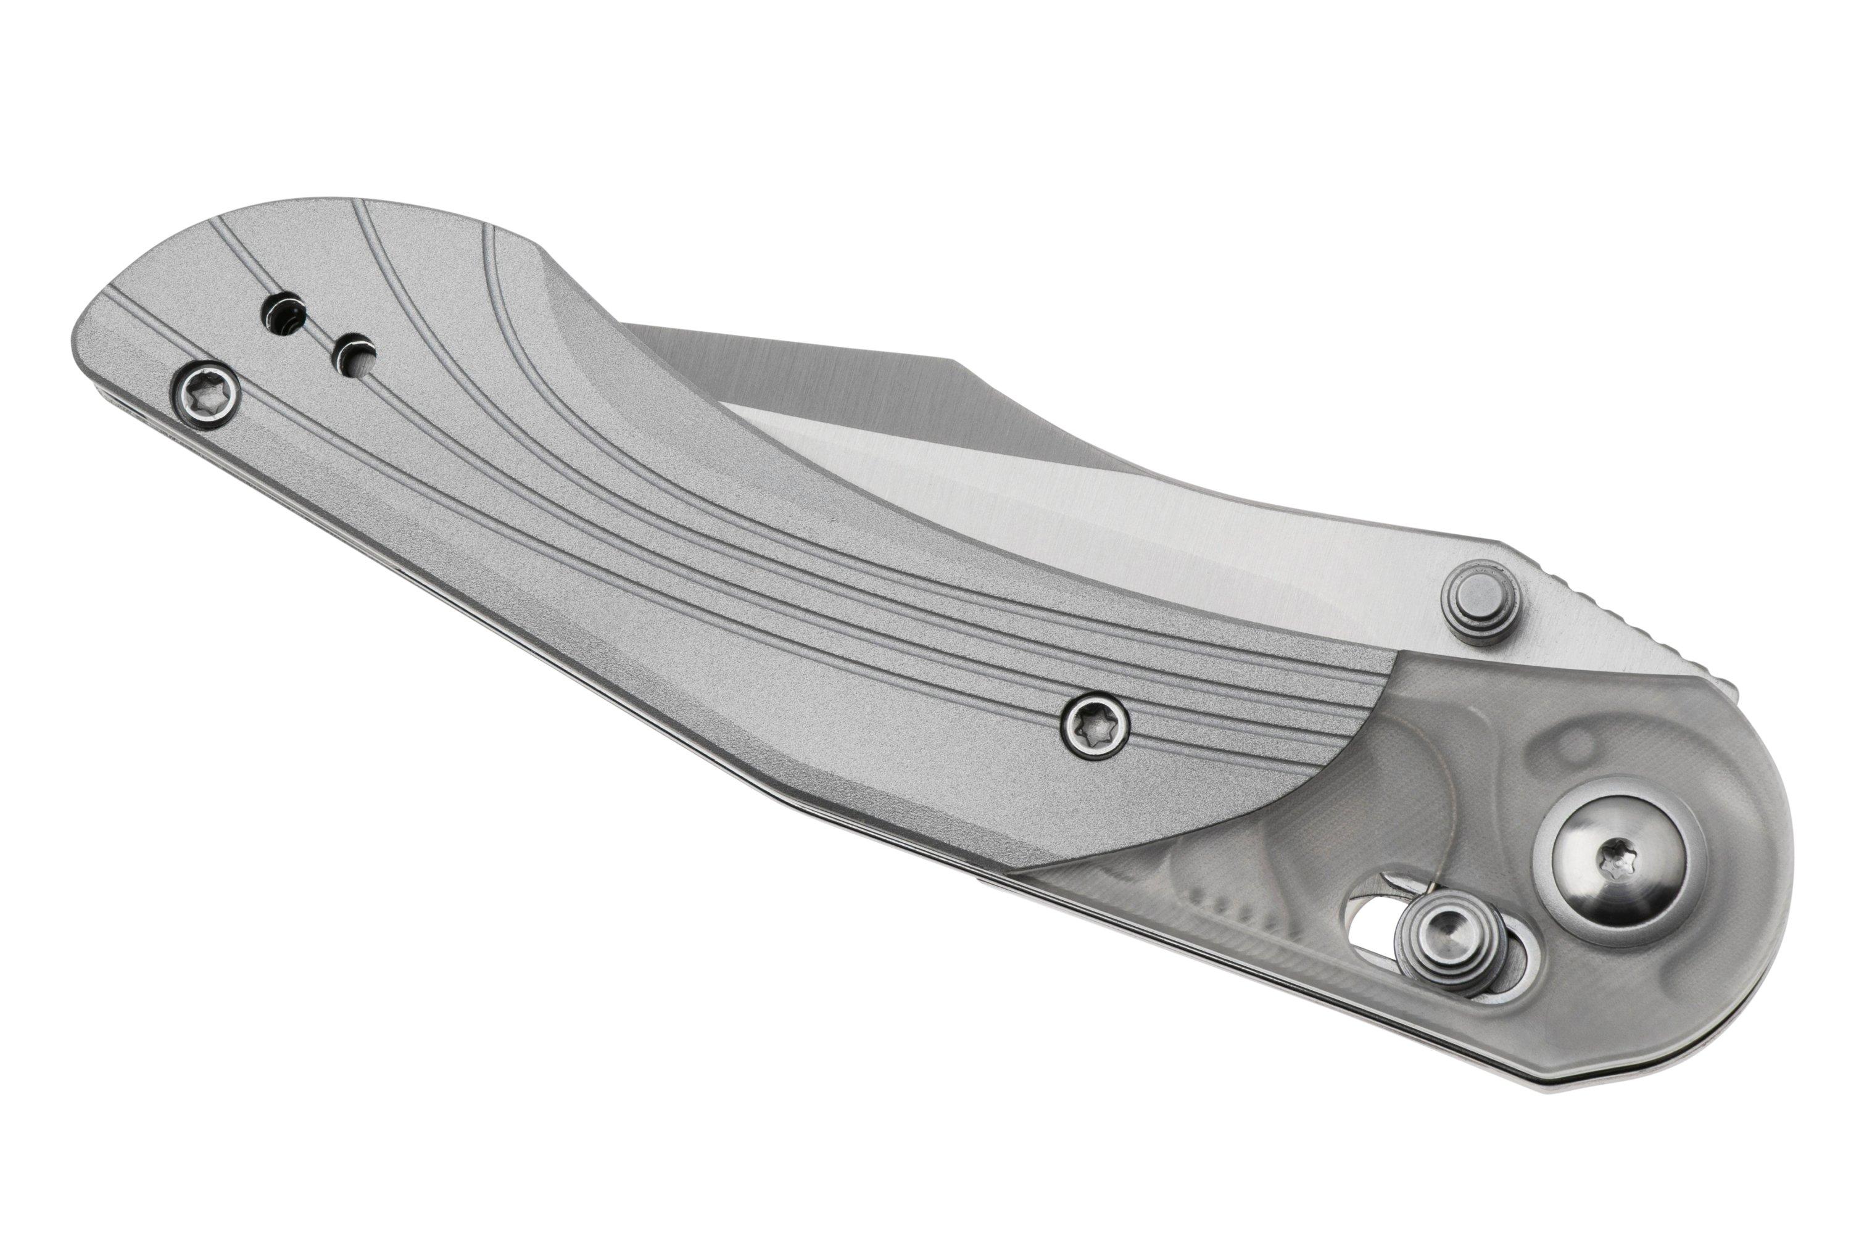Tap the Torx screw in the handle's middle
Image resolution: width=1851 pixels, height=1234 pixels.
[1095, 729]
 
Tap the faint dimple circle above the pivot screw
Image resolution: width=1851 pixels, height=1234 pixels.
[1566, 743]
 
